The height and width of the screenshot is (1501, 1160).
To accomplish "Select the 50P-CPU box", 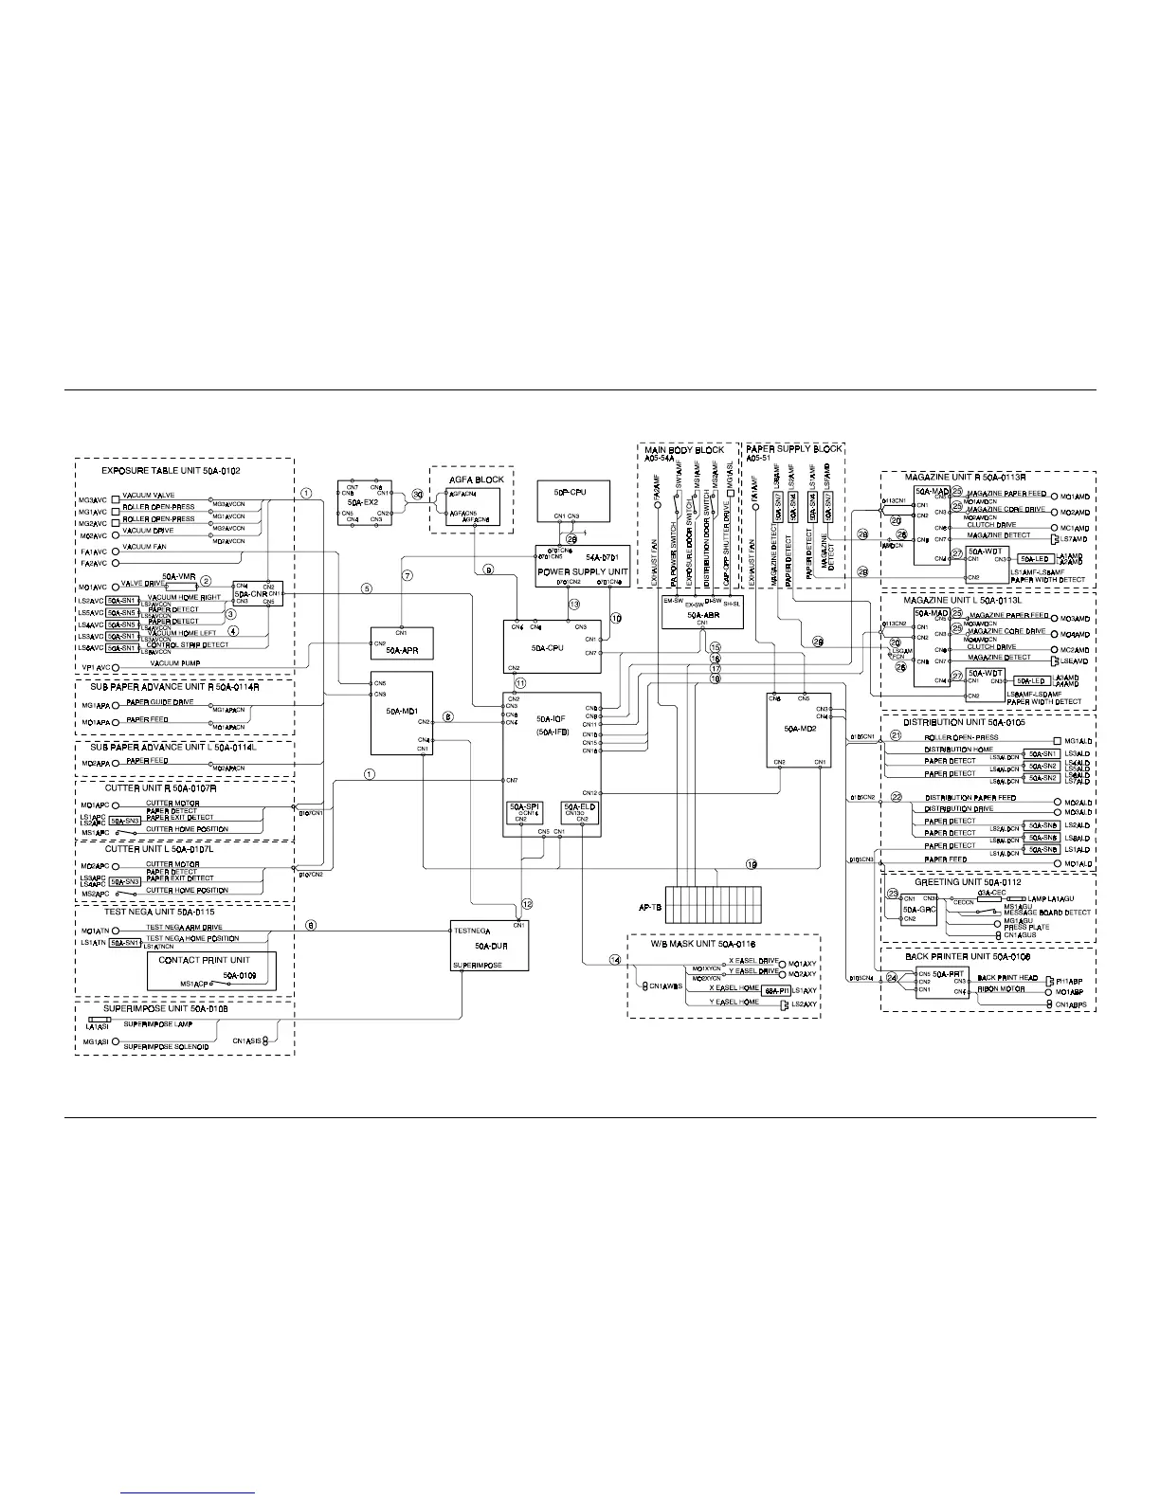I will click(x=573, y=502).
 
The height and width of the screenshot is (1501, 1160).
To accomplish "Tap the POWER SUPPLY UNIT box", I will click(x=583, y=566).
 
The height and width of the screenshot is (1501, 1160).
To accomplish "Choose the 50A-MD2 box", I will click(x=798, y=730).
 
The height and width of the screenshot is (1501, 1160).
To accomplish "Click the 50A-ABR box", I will click(x=701, y=610).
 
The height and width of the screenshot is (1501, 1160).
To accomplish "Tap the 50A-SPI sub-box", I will click(x=524, y=811).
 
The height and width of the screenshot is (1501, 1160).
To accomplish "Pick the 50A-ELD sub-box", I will click(x=579, y=811).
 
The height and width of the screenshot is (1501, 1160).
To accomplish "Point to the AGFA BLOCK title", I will click(x=477, y=479).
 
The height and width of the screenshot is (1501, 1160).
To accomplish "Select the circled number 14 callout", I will click(x=614, y=959).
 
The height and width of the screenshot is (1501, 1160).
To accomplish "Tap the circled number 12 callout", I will click(x=527, y=903).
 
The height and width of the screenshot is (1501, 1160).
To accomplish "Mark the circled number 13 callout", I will click(x=573, y=604).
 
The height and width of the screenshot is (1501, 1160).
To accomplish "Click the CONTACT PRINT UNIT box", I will click(x=211, y=971).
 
